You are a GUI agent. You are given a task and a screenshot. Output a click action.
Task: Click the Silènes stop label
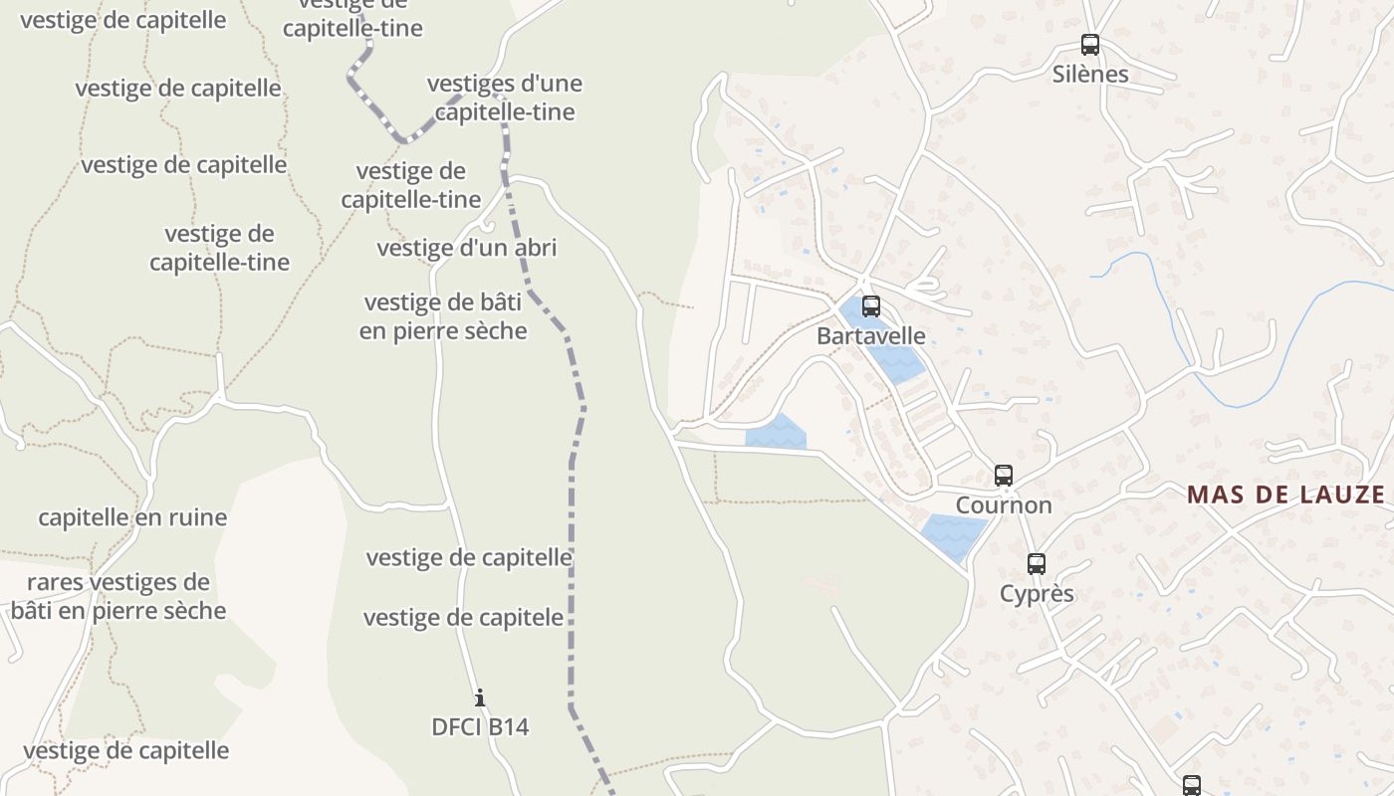click(x=1090, y=75)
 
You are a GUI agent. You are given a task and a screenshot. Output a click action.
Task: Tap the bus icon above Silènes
click(x=1090, y=45)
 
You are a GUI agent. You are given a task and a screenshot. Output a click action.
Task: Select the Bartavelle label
click(x=870, y=336)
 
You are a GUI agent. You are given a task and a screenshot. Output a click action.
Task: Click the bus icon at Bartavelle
click(x=871, y=306)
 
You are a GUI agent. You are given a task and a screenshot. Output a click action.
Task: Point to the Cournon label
click(x=1004, y=505)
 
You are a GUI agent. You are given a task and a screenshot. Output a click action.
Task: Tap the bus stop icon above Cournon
click(x=1004, y=476)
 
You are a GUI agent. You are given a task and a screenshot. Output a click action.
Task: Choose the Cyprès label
click(x=1037, y=594)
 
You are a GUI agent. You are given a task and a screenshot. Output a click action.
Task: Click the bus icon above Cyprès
click(x=1037, y=564)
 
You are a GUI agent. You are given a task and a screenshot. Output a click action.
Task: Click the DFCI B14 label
click(x=480, y=727)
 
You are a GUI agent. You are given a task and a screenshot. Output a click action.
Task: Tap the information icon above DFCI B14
click(x=480, y=697)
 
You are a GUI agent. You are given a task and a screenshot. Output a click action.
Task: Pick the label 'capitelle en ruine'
click(x=132, y=517)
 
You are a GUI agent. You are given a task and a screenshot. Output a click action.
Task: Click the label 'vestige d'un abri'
click(x=466, y=248)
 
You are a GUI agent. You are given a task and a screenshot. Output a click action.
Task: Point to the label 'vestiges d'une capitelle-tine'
click(x=505, y=98)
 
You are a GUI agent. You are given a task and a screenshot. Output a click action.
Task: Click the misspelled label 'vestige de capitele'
click(x=463, y=618)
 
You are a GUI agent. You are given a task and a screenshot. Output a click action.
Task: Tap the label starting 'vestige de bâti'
click(x=443, y=316)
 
